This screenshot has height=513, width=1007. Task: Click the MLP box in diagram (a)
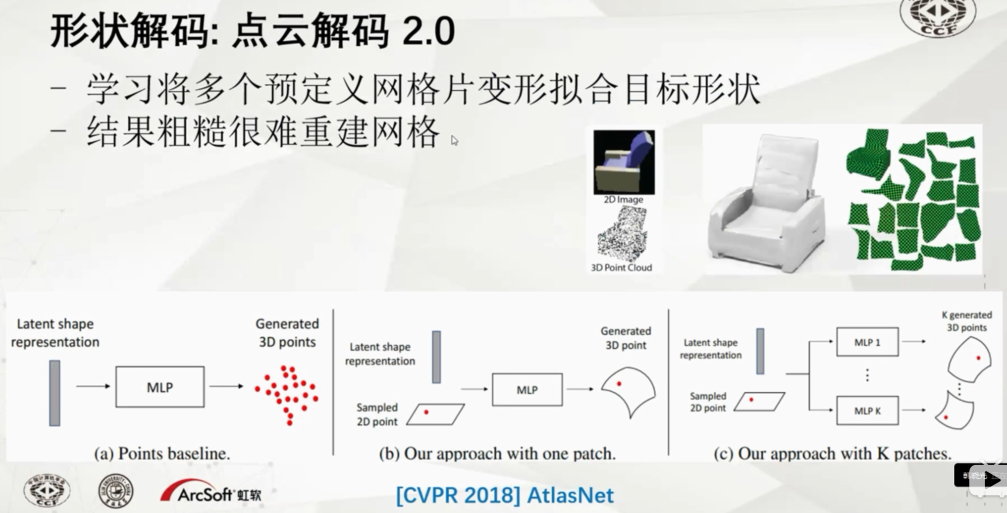click(x=159, y=387)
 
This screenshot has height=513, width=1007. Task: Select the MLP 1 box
click(x=867, y=342)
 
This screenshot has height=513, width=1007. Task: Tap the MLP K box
click(x=867, y=410)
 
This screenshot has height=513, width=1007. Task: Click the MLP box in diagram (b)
click(x=527, y=389)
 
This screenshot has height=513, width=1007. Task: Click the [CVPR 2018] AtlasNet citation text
click(x=504, y=495)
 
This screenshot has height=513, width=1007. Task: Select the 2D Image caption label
click(x=623, y=199)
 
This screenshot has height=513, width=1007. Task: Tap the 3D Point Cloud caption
click(x=621, y=267)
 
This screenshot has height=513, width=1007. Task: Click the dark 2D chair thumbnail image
click(x=623, y=162)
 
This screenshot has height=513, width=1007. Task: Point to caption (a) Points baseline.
click(x=162, y=453)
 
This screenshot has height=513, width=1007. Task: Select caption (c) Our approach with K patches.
click(x=832, y=453)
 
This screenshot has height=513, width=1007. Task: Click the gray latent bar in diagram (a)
click(x=54, y=393)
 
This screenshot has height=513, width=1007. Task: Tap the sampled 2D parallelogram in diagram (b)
click(x=435, y=414)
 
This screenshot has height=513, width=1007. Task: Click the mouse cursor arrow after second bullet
click(x=454, y=141)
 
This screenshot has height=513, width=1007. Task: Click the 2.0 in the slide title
click(x=428, y=31)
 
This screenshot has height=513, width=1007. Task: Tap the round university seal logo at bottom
click(x=115, y=491)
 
